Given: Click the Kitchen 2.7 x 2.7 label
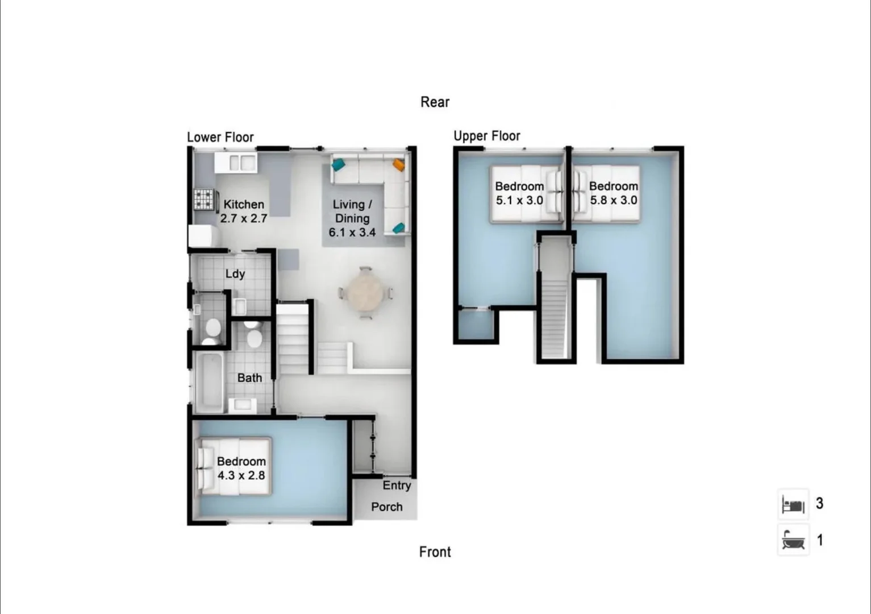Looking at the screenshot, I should (244, 211).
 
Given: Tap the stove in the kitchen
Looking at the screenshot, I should (204, 199).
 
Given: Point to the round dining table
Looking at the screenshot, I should (365, 293).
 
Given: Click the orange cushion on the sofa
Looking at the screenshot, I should (399, 165).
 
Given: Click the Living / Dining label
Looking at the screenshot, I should (352, 218).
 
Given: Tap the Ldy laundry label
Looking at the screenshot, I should (235, 274).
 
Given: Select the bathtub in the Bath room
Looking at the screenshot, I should (209, 381).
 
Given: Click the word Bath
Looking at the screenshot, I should (249, 378).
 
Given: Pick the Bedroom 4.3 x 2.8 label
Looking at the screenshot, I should (241, 468).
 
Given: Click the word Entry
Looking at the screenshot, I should (397, 486).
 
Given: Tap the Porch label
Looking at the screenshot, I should (387, 507).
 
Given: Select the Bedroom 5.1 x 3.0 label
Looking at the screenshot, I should (519, 193).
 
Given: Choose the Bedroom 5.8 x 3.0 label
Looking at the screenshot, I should (614, 193).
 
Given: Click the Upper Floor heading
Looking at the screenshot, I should (487, 136).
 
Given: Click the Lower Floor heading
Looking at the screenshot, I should (220, 138).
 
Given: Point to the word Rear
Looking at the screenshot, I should (435, 102).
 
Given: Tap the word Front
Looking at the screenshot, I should (435, 552).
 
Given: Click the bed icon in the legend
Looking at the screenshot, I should (793, 504).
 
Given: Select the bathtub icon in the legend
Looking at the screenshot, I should (793, 540).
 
